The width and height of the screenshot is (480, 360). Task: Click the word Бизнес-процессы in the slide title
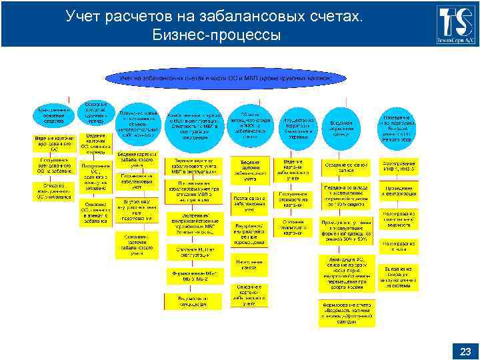pyautogui.click(x=217, y=33)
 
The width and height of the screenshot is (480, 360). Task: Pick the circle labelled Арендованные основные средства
pyautogui.click(x=51, y=116)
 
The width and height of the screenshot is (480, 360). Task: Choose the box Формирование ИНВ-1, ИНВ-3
pyautogui.click(x=398, y=165)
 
